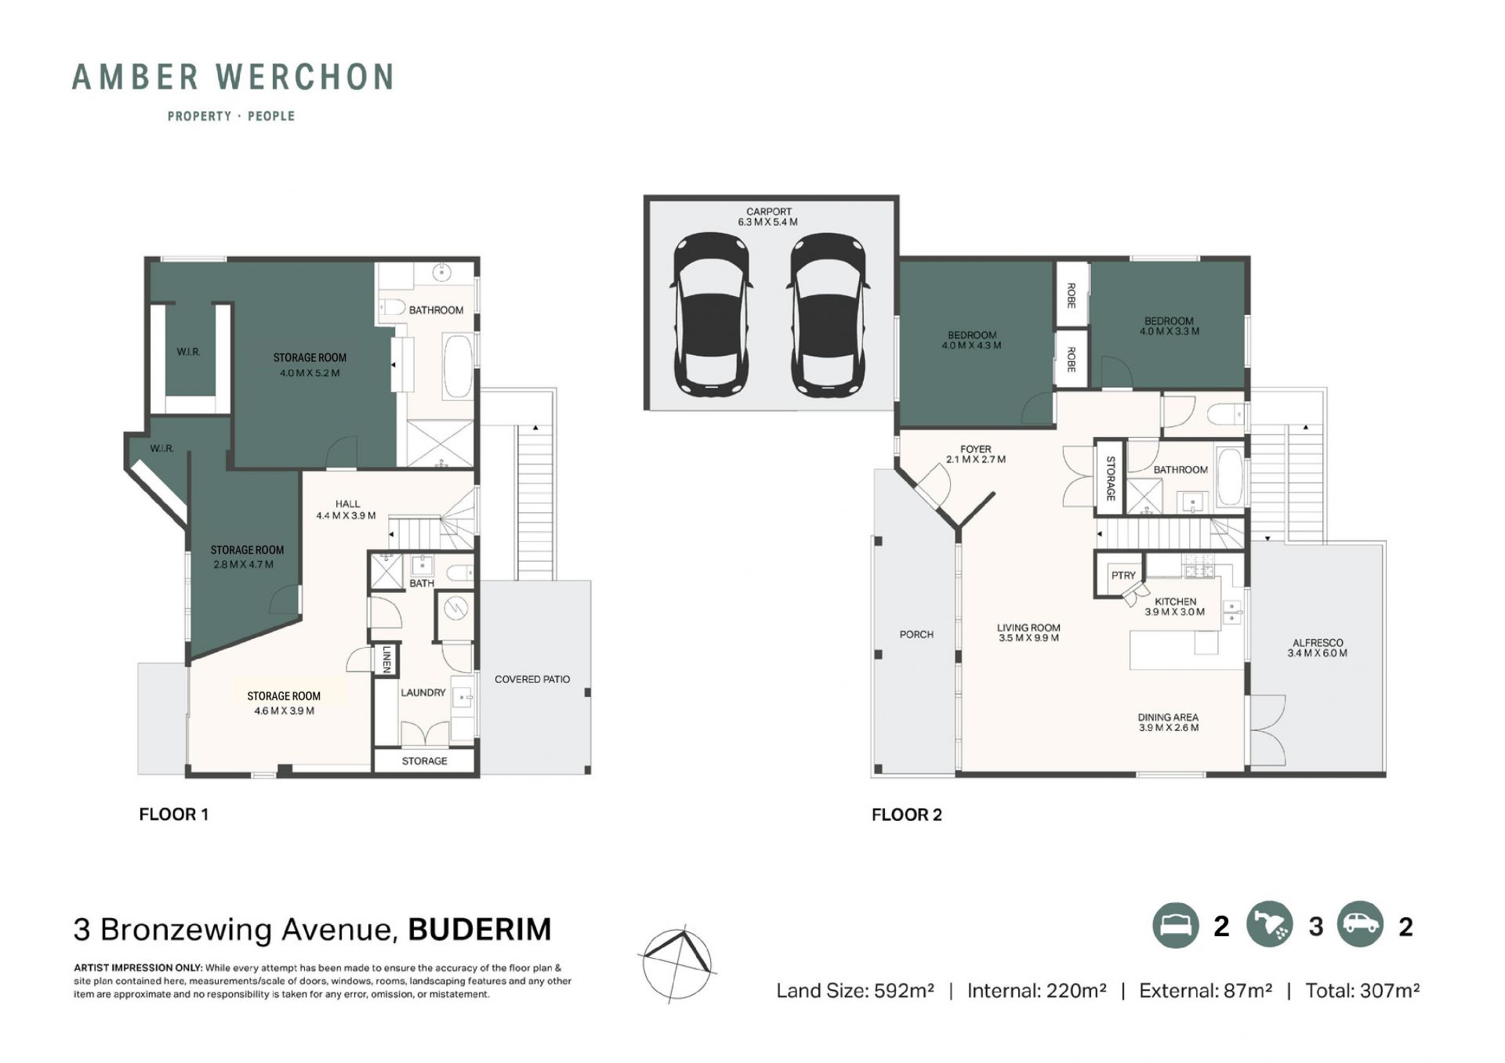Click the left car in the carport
tap(712, 315)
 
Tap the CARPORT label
tap(769, 212)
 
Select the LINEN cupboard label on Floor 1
tap(386, 660)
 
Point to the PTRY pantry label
tap(1123, 575)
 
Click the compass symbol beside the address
tap(678, 964)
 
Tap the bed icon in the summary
tap(1175, 925)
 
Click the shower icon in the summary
tap(1269, 925)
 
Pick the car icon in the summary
tap(1361, 925)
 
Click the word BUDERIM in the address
tap(480, 930)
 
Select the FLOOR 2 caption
tap(907, 815)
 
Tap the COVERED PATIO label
tap(532, 679)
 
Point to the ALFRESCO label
tap(1318, 642)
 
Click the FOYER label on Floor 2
tap(976, 450)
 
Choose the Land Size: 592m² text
tap(855, 991)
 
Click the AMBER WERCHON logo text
tap(233, 78)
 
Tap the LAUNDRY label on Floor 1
tap(423, 692)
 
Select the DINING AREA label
tap(1168, 717)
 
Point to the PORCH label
tap(916, 635)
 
